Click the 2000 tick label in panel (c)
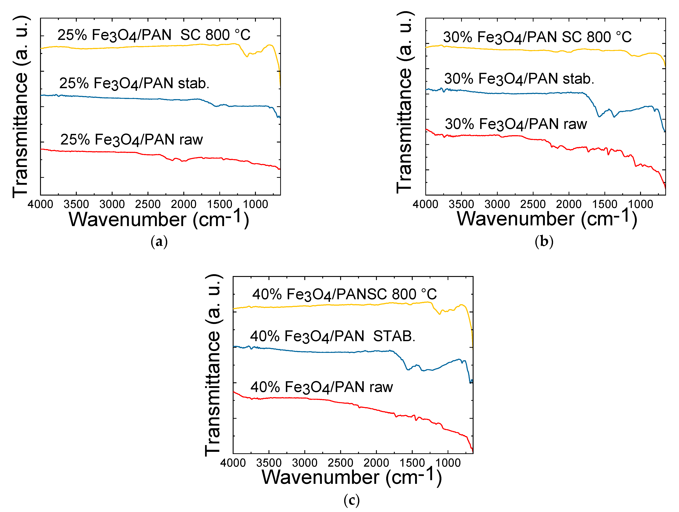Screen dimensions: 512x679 (376, 463)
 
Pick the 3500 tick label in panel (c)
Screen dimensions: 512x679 (269, 463)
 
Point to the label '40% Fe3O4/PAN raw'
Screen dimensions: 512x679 (321, 387)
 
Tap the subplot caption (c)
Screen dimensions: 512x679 (351, 500)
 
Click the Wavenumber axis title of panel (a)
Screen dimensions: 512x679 (159, 219)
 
